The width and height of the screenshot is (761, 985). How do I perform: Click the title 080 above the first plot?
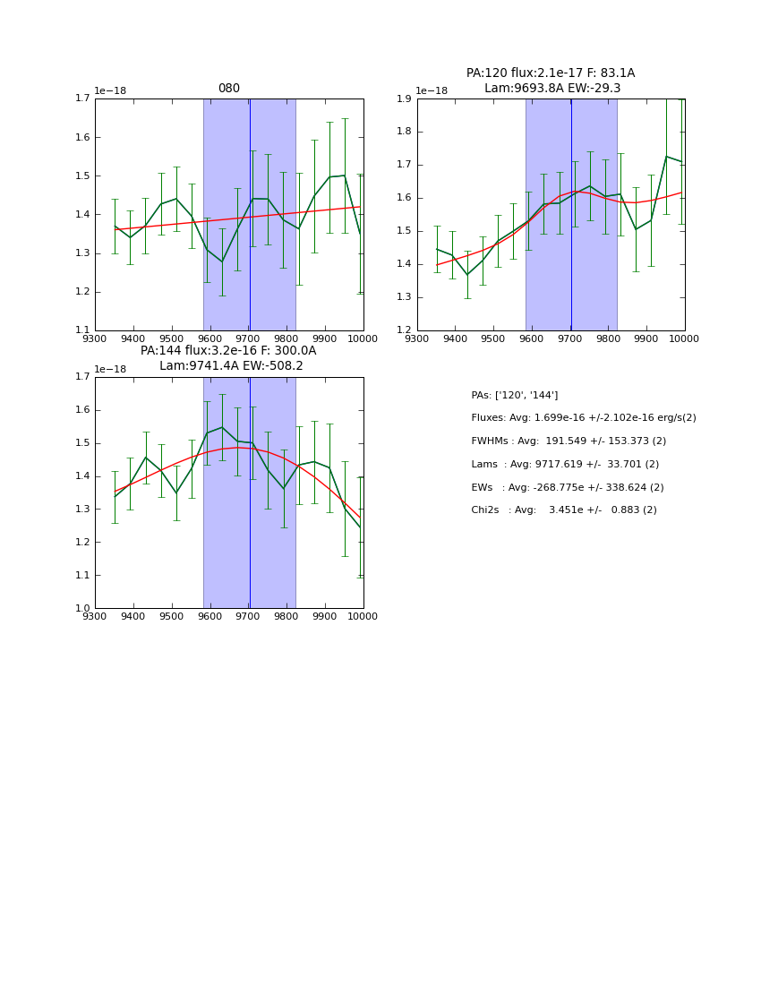click(x=229, y=89)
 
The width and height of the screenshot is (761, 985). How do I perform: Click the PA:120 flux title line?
click(x=550, y=73)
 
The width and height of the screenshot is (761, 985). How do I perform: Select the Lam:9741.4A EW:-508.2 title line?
click(x=231, y=366)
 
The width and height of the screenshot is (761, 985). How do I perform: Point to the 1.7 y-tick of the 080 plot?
click(x=81, y=99)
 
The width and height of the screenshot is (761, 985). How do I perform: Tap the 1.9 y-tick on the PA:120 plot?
click(x=404, y=99)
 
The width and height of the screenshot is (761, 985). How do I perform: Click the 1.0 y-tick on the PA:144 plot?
click(x=81, y=609)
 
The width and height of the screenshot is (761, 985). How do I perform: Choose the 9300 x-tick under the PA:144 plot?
click(x=95, y=616)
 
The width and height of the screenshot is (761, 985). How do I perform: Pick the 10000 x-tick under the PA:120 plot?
click(x=684, y=338)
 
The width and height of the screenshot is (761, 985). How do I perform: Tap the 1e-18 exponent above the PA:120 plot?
click(x=432, y=90)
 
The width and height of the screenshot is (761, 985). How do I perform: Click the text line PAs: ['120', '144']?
click(x=514, y=395)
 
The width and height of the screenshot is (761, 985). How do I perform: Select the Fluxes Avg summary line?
click(x=583, y=418)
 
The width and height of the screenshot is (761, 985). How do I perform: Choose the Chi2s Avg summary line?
click(x=563, y=510)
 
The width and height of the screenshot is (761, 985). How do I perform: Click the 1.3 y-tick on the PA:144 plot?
click(x=81, y=510)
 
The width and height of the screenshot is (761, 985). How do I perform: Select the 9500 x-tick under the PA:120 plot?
click(x=493, y=338)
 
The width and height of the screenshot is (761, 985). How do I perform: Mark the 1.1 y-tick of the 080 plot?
click(x=81, y=330)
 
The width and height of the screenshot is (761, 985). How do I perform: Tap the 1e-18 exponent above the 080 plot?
click(x=110, y=90)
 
